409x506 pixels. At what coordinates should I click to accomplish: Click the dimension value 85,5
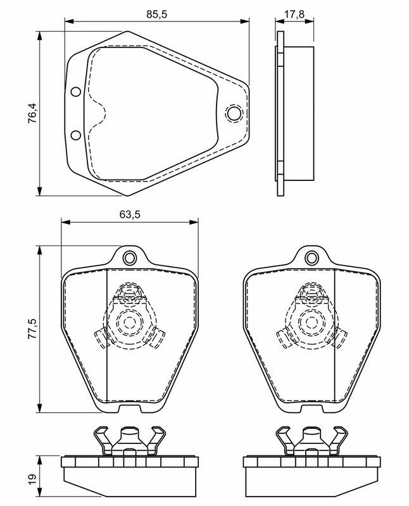click(x=156, y=14)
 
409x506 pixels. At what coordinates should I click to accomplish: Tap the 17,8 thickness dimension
click(x=294, y=14)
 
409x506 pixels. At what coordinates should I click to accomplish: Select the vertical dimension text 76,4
click(x=33, y=113)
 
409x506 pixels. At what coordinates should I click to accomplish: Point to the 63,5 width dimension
click(x=130, y=214)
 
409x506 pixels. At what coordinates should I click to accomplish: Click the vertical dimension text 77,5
click(x=33, y=329)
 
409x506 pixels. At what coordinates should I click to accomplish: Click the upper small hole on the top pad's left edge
click(x=75, y=92)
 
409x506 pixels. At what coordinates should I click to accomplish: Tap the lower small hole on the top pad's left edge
click(x=75, y=135)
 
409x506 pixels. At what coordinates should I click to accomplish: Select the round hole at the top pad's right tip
click(x=234, y=113)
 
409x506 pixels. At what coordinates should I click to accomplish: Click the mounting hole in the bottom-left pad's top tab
click(x=130, y=258)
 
